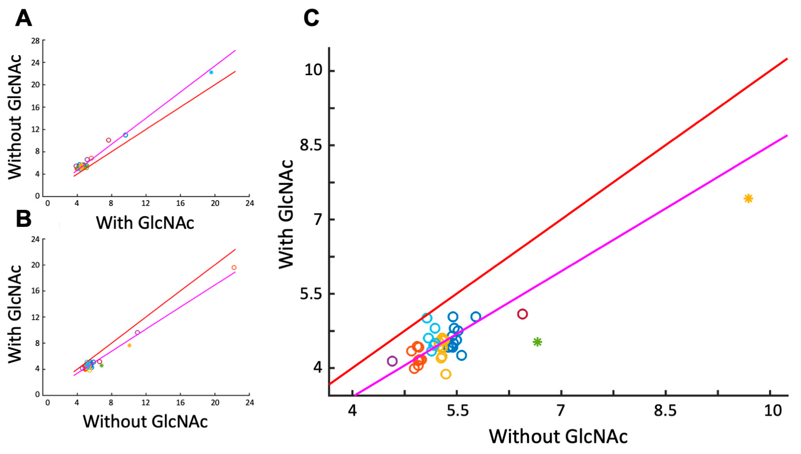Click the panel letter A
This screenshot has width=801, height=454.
[x=23, y=19]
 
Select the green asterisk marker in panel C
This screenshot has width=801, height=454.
[x=537, y=342]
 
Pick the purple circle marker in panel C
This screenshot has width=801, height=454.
[x=392, y=361]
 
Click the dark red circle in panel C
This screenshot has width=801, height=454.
[x=522, y=314]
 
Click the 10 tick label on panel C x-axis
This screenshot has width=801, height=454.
[x=773, y=411]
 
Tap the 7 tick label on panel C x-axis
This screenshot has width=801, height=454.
[x=561, y=411]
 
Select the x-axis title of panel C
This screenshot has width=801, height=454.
[x=558, y=437]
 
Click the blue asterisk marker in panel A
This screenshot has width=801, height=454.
[x=211, y=72]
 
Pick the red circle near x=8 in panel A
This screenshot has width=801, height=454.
[x=109, y=140]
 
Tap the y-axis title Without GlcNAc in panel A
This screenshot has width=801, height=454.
[x=15, y=117]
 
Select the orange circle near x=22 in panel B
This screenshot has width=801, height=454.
[x=234, y=267]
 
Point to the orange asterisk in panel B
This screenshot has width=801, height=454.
[x=129, y=346]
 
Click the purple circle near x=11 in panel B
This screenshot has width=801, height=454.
[x=137, y=332]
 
